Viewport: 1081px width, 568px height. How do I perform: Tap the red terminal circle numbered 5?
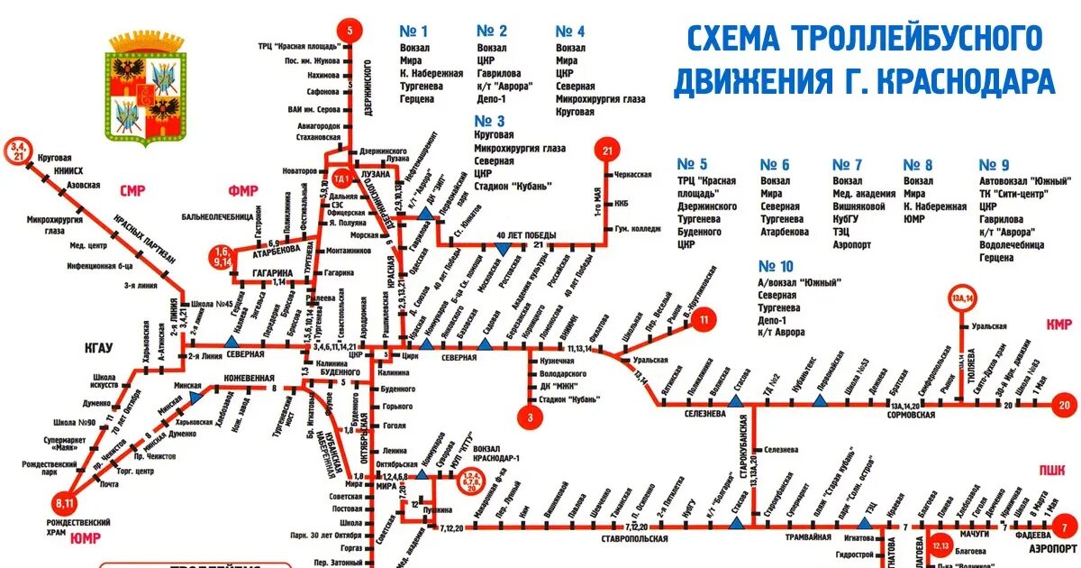(349, 29)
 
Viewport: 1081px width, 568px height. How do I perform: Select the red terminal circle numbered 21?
(607, 151)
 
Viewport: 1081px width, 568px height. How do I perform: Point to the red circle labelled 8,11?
(64, 501)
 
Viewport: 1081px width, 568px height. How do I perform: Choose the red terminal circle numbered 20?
(1063, 405)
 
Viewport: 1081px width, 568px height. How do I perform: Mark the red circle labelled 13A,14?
(963, 297)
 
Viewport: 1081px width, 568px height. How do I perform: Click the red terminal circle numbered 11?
(704, 317)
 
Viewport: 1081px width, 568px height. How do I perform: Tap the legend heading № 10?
(776, 266)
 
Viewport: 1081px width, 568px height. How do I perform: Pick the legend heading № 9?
(995, 165)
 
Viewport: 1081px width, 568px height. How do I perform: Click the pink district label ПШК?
(1051, 469)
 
